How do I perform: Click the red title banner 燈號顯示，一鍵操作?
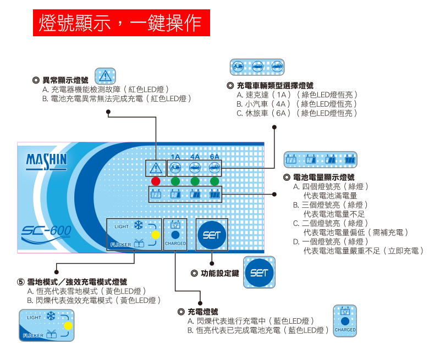(121, 23)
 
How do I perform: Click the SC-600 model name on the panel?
(47, 231)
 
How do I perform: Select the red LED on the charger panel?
(156, 181)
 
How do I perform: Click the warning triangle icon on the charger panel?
(156, 168)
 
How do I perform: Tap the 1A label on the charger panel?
(175, 157)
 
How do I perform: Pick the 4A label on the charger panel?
(195, 157)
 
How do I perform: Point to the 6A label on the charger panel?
(215, 157)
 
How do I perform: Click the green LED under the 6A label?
(215, 181)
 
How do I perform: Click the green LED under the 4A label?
(195, 181)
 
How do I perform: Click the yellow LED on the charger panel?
(155, 235)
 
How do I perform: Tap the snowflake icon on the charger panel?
(139, 226)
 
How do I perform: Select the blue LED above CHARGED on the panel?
(175, 234)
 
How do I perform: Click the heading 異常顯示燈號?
(65, 80)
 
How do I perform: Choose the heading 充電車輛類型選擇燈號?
(274, 86)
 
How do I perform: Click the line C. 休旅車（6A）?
(297, 113)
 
